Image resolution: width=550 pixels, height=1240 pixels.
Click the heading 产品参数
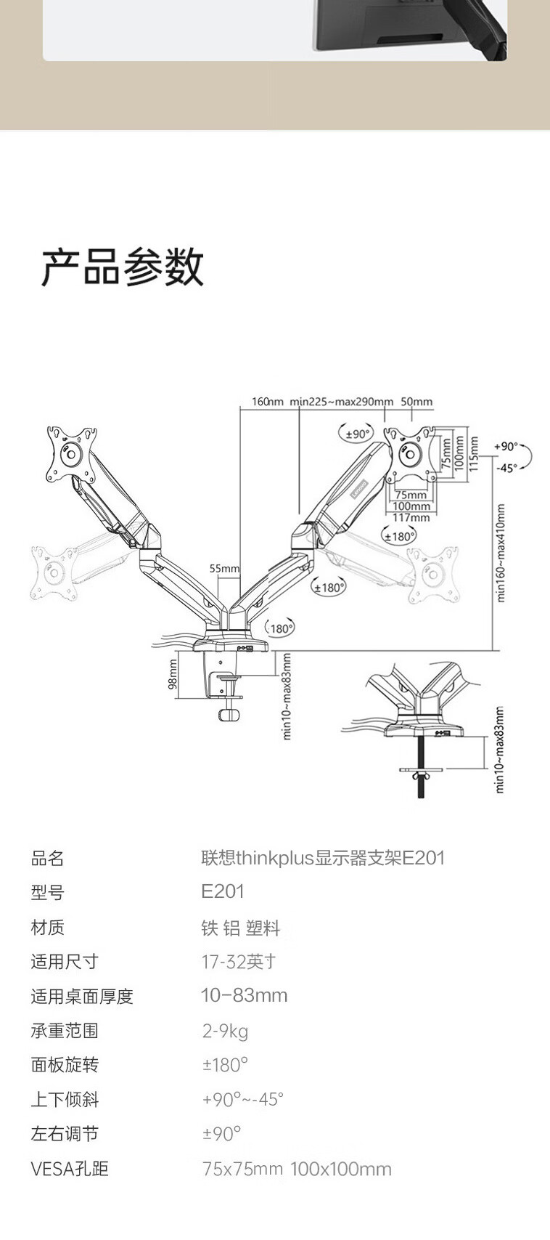click(x=122, y=267)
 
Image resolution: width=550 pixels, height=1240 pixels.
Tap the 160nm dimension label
click(x=267, y=402)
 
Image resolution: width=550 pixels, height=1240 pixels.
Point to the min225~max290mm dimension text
click(x=341, y=402)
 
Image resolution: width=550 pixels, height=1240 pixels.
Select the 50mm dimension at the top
click(x=416, y=402)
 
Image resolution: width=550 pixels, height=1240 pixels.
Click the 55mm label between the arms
click(x=224, y=569)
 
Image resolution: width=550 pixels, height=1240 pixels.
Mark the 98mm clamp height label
click(x=173, y=674)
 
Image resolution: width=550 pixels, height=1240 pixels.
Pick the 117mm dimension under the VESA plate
click(x=411, y=518)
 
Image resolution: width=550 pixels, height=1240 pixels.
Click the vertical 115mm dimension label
click(x=474, y=453)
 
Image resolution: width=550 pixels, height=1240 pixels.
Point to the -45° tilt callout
click(x=506, y=468)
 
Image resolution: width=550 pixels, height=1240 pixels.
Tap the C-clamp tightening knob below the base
click(x=229, y=715)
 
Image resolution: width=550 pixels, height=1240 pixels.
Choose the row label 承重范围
click(x=65, y=1031)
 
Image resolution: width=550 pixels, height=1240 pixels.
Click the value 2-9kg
click(x=225, y=1031)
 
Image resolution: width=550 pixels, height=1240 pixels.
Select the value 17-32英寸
click(x=239, y=962)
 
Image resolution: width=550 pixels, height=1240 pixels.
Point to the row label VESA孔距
click(x=70, y=1169)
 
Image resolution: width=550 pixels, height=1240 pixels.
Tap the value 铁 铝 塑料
click(x=240, y=928)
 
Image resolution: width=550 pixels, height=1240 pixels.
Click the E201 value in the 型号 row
click(x=223, y=892)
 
